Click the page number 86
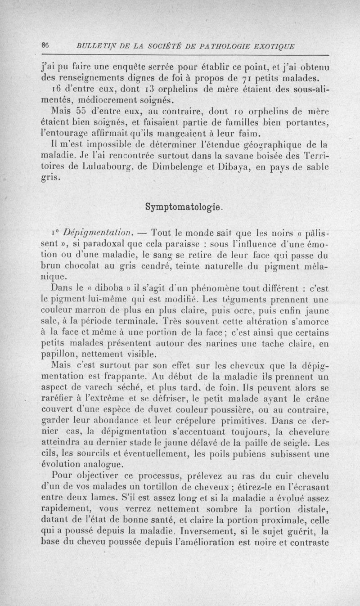[x=45, y=45]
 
